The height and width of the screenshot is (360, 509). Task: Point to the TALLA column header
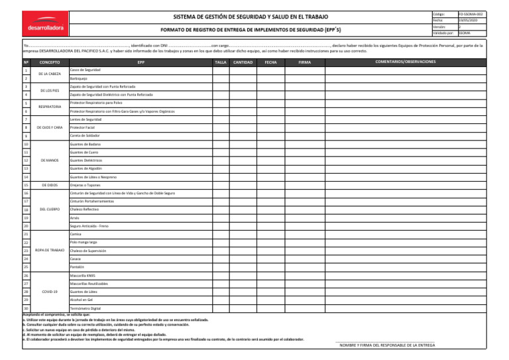(x=221, y=62)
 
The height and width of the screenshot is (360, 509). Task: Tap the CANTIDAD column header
(x=243, y=62)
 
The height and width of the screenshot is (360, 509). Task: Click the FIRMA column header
(x=304, y=62)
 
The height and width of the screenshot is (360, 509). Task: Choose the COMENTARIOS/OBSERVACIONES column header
(x=406, y=61)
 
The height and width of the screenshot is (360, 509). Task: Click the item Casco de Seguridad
(x=85, y=70)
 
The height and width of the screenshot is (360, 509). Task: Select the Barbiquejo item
(x=79, y=78)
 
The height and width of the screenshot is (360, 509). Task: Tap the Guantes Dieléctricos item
(x=86, y=160)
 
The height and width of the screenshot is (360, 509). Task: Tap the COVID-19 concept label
(x=50, y=291)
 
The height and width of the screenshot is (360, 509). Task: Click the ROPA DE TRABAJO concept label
(x=50, y=251)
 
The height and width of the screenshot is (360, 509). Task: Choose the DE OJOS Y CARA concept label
(x=50, y=127)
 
